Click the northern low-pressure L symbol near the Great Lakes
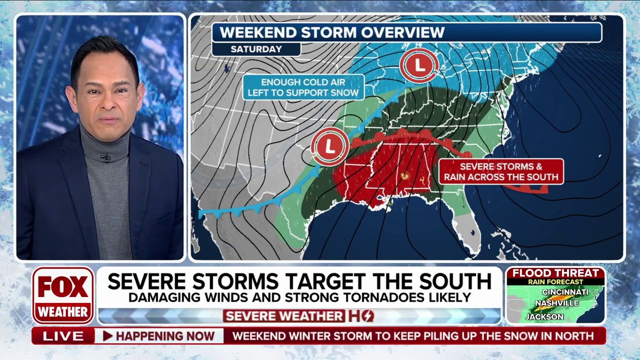pyautogui.click(x=419, y=64)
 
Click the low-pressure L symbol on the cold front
pyautogui.click(x=330, y=146)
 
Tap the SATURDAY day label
pyautogui.click(x=256, y=49)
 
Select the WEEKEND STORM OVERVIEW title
pyautogui.click(x=332, y=32)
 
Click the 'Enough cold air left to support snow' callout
pyautogui.click(x=303, y=87)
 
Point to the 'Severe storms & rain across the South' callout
pyautogui.click(x=501, y=171)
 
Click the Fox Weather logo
pyautogui.click(x=63, y=295)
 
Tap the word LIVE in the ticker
pyautogui.click(x=63, y=336)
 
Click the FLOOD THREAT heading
pyautogui.click(x=555, y=273)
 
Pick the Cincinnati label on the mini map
pyautogui.click(x=565, y=292)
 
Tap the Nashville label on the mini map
pyautogui.click(x=556, y=303)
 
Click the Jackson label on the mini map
pyautogui.click(x=544, y=316)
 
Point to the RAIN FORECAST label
pyautogui.click(x=555, y=282)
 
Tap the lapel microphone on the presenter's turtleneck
pyautogui.click(x=105, y=158)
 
